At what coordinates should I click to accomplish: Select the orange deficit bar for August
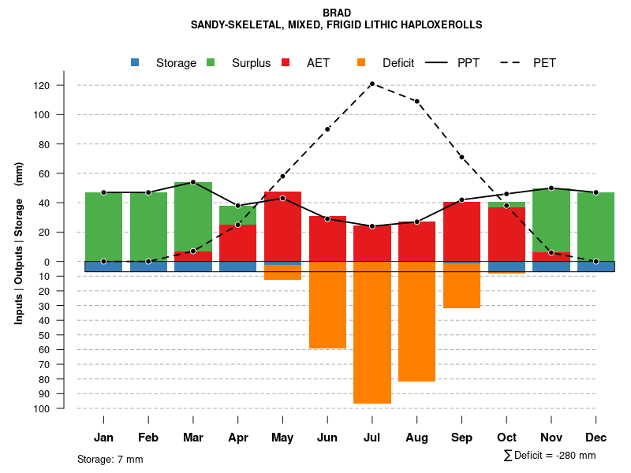click(x=416, y=326)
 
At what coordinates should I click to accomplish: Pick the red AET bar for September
click(x=461, y=232)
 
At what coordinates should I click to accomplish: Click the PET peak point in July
click(x=372, y=84)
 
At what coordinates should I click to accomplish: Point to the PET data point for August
click(x=416, y=102)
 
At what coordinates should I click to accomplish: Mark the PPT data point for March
click(x=193, y=182)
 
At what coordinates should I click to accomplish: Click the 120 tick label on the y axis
click(x=64, y=85)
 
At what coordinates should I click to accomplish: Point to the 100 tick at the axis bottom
click(x=64, y=408)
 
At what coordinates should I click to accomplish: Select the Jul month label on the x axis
click(x=372, y=438)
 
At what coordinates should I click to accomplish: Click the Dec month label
click(x=596, y=438)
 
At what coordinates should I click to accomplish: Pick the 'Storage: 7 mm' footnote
click(x=110, y=459)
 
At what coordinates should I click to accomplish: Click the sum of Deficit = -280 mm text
click(x=550, y=456)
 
